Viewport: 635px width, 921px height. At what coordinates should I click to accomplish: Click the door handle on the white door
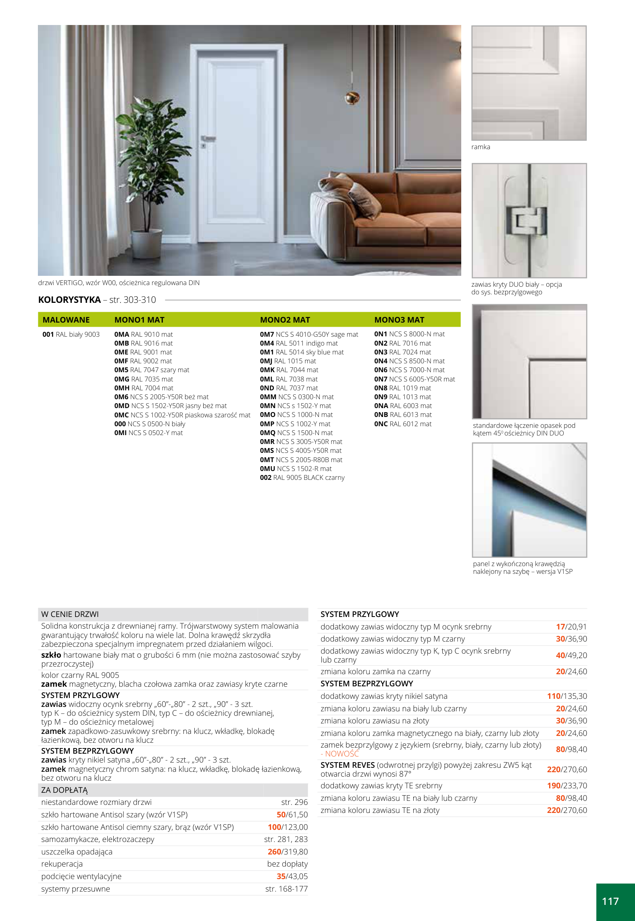click(x=209, y=138)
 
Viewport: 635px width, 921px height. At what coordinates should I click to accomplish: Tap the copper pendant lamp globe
click(x=352, y=98)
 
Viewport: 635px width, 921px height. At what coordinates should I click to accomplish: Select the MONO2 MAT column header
click(x=285, y=320)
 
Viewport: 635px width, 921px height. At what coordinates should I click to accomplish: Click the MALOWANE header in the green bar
click(x=66, y=320)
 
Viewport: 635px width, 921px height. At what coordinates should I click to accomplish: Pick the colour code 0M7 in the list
click(x=267, y=334)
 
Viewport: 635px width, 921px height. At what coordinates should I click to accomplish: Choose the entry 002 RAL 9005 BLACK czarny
click(x=302, y=477)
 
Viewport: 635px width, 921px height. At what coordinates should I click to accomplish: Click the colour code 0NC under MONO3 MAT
click(x=381, y=424)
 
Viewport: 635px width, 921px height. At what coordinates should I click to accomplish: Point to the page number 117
click(x=610, y=901)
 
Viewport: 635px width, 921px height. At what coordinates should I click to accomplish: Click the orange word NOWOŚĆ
click(x=342, y=754)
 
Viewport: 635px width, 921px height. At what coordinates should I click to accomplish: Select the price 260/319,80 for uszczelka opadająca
click(x=287, y=852)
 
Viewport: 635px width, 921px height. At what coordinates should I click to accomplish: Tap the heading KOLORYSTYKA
click(x=69, y=300)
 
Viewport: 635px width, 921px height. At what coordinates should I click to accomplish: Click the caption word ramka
click(x=481, y=147)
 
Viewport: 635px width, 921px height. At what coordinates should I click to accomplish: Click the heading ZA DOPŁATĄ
click(x=65, y=790)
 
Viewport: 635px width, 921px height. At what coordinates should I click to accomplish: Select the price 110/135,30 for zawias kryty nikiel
click(x=566, y=696)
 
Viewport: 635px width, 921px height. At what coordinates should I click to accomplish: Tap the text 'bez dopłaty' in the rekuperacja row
click(x=287, y=864)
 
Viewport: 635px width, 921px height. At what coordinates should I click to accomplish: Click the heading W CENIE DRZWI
click(x=70, y=614)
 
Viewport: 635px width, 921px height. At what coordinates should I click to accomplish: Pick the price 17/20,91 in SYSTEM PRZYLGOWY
click(x=571, y=627)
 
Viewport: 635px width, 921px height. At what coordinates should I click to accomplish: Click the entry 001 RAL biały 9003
click(x=71, y=334)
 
